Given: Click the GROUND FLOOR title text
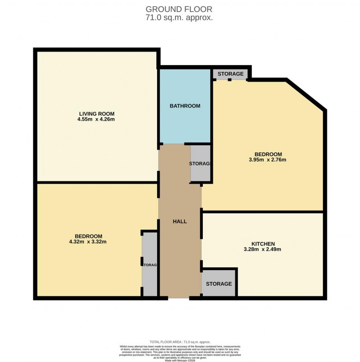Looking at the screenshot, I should (179, 9).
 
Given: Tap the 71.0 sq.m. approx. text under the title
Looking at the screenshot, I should (179, 18).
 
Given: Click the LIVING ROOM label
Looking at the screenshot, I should (96, 113).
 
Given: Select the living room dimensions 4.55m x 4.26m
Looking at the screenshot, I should (96, 119).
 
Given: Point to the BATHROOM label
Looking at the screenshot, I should (185, 106).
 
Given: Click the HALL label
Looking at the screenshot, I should (180, 221).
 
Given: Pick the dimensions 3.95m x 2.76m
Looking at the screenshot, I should (268, 160).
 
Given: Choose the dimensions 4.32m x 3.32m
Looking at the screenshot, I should (89, 241).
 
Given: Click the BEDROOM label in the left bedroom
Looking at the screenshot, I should (89, 236).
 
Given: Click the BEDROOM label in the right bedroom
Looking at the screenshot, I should (268, 154).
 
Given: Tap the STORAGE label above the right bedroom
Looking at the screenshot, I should (230, 74).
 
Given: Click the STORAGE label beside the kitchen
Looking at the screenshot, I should (219, 284).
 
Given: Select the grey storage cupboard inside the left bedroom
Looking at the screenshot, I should (150, 264).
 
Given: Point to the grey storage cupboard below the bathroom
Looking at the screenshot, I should (200, 163).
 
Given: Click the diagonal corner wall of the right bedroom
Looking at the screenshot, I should (306, 94).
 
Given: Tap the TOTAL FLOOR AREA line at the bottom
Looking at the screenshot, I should (180, 342).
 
